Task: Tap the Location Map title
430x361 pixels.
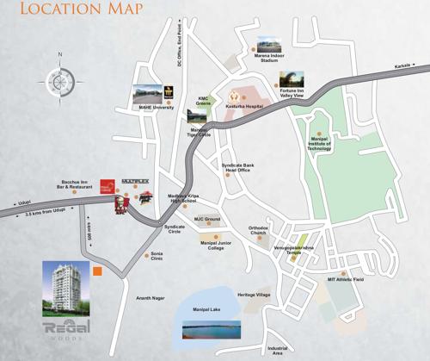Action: [70, 12]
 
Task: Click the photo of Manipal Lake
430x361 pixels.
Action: [211, 329]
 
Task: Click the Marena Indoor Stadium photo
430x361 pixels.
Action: [267, 44]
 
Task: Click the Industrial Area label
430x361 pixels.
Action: [277, 350]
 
